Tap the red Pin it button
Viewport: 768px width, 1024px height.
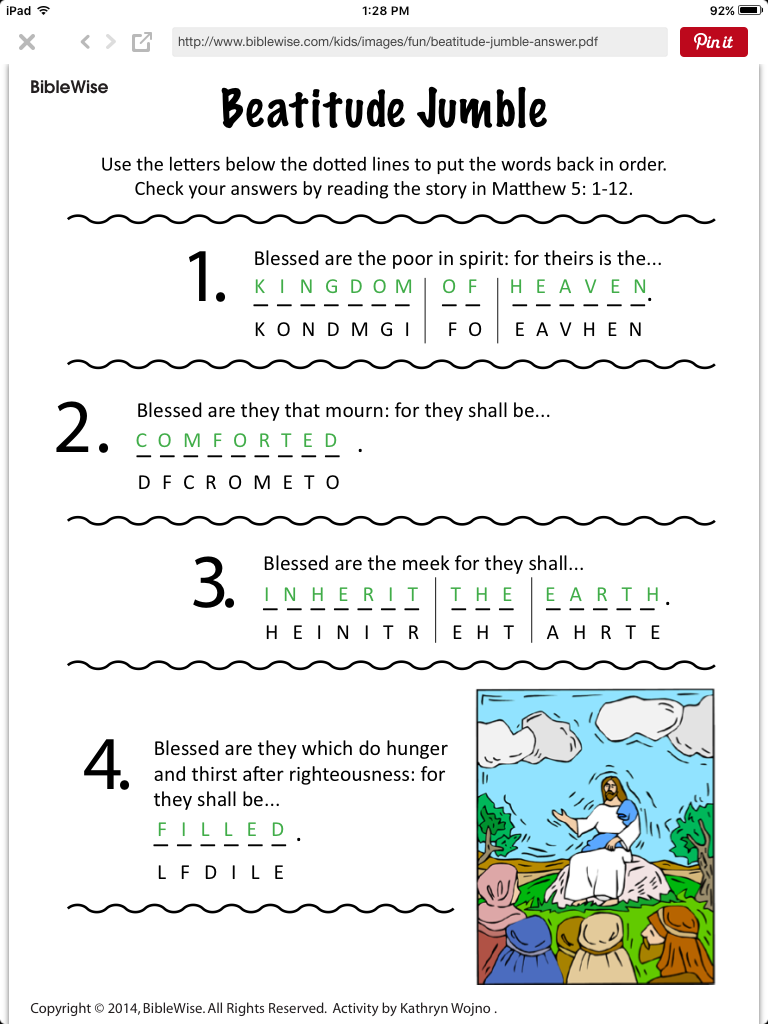713,42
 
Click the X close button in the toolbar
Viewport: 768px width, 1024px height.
27,42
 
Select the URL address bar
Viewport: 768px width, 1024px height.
420,42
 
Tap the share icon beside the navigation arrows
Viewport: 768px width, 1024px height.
142,42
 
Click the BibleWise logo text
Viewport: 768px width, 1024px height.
69,87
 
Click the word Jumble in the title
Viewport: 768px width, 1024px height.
475,108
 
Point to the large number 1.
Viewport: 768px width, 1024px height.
207,278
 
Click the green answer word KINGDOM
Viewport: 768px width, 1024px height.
333,287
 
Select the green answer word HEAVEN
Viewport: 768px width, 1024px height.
579,287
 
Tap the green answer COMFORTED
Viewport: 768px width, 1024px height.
238,441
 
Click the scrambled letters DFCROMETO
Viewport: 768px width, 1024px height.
239,482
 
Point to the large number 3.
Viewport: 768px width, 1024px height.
212,586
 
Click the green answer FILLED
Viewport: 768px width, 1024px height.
222,830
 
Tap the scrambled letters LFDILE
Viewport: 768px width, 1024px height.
221,872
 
